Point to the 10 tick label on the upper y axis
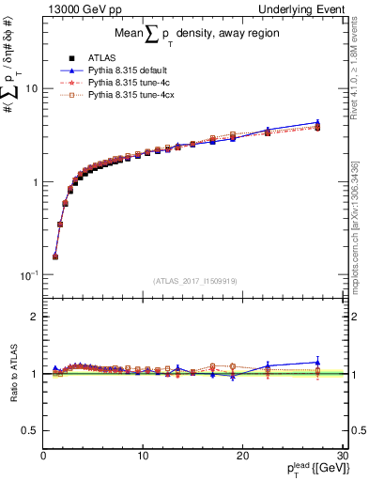pos(30,88)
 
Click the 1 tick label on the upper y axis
pos(33,181)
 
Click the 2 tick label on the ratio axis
pos(33,317)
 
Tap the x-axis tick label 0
pos(43,456)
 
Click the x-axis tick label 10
pos(142,456)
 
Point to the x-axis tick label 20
pos(242,456)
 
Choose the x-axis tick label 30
pos(342,456)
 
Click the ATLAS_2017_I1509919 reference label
pos(193,280)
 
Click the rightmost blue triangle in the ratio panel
pos(317,362)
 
